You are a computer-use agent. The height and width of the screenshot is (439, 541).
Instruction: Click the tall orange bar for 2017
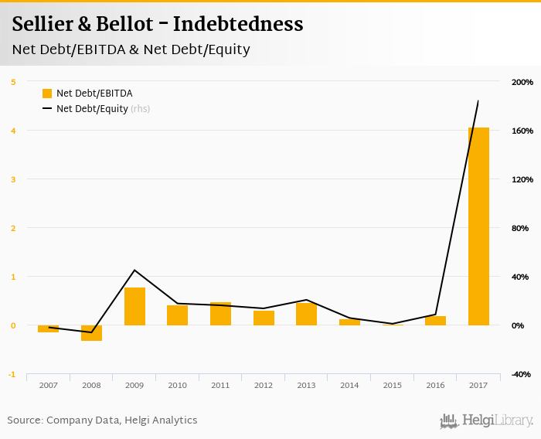478,226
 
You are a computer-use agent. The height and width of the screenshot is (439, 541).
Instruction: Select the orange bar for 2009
134,306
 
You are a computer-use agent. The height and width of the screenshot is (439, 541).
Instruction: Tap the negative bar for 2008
92,333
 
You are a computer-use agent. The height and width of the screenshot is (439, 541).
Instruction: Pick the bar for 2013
306,314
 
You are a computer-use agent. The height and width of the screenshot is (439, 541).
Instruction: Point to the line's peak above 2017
478,100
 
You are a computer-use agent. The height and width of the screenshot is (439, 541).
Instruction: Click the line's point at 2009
134,270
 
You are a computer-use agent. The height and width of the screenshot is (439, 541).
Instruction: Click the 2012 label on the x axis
263,385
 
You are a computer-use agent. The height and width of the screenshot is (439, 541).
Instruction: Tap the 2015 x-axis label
392,385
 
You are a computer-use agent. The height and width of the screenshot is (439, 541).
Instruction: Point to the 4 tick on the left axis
12,131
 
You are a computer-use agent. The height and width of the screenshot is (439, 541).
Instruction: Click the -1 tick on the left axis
12,375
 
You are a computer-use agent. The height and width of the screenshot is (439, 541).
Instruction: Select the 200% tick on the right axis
522,82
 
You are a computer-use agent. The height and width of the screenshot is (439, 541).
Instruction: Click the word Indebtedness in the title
237,24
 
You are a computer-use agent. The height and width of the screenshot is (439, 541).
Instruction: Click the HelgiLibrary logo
486,420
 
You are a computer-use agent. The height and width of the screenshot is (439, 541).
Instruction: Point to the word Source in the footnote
24,420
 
